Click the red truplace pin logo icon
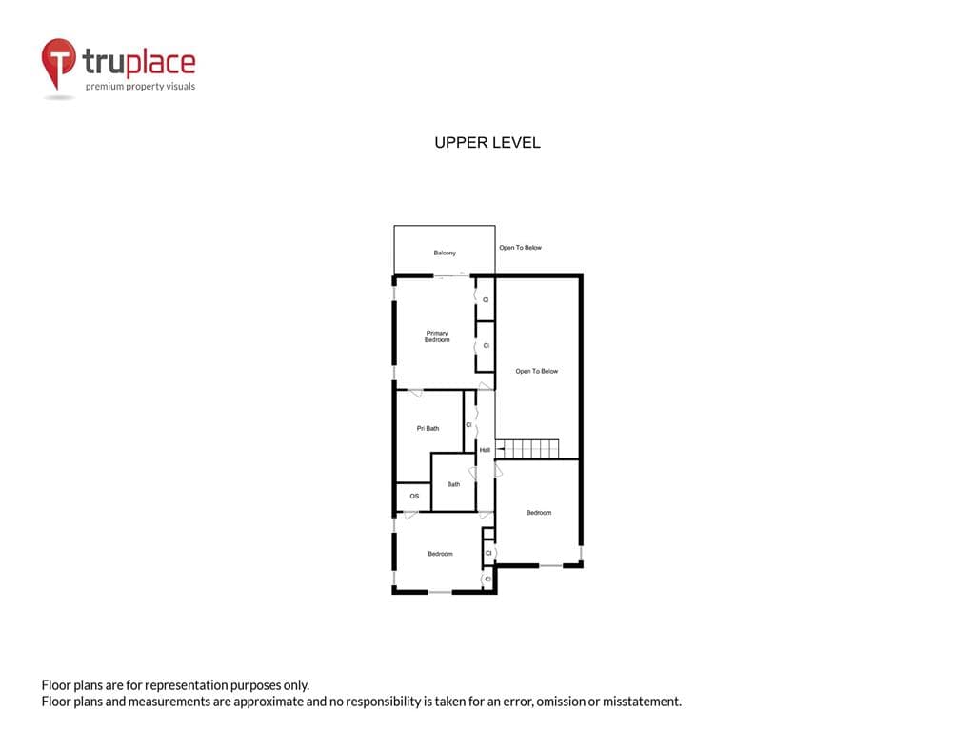click(x=58, y=62)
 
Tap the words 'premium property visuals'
click(x=141, y=87)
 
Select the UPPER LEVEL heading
click(x=487, y=143)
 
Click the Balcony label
click(x=445, y=253)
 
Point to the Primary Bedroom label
click(x=437, y=336)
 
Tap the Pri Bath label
click(x=428, y=428)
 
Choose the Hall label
click(x=485, y=450)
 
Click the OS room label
click(x=414, y=496)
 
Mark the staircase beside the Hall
click(x=527, y=449)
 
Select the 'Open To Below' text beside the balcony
click(x=521, y=248)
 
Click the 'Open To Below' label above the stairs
click(x=537, y=371)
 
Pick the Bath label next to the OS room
click(x=453, y=484)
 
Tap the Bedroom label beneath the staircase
click(x=539, y=513)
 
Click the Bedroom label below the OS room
click(x=440, y=554)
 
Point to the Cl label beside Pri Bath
click(x=468, y=425)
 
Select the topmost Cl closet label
click(x=486, y=300)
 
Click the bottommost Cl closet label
click(x=487, y=579)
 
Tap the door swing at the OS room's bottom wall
click(x=410, y=516)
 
